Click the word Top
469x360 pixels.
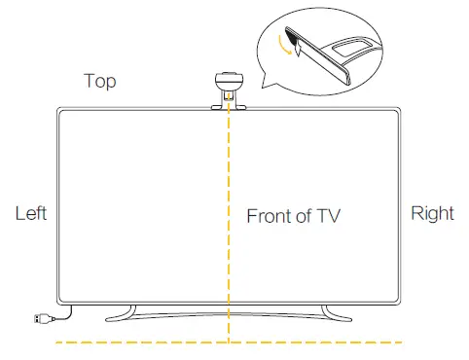100,81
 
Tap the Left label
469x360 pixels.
30,213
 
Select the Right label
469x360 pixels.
432,213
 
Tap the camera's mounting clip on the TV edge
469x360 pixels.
230,99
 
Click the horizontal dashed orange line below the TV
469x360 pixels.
146,342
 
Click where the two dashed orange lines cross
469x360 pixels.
230,342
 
